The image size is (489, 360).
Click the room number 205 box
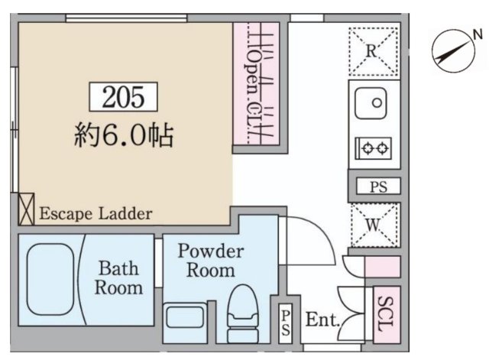point(123,97)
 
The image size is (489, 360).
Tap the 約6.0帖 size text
point(124,135)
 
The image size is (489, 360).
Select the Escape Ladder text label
point(96,214)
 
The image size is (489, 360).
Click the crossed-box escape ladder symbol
point(26,209)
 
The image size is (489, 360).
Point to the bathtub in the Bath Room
point(50,280)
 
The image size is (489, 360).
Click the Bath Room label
point(118,277)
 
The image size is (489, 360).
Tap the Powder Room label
point(211,261)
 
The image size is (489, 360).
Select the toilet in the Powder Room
point(243,313)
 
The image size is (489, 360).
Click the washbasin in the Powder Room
point(185,317)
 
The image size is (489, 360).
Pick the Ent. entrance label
point(322,319)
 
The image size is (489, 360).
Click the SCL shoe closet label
point(386,313)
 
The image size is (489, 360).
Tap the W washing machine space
point(374,225)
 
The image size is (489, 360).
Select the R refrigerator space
point(374,51)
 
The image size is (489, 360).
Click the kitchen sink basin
point(371,103)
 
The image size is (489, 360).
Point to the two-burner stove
point(374,148)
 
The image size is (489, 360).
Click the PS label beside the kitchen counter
point(378,186)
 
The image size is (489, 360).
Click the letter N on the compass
point(478,34)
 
